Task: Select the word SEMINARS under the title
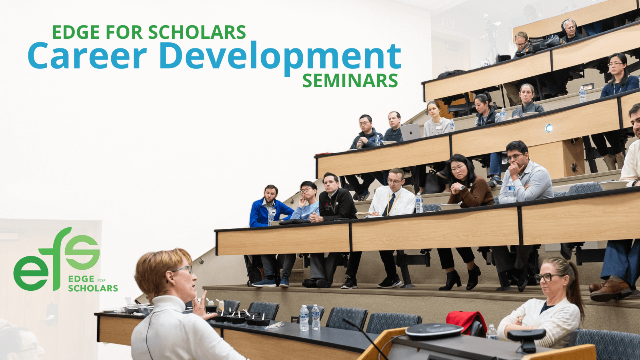click(x=350, y=81)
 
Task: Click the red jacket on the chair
click(x=466, y=322)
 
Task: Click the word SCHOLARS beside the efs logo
click(x=93, y=288)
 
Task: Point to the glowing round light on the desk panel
click(x=549, y=128)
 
